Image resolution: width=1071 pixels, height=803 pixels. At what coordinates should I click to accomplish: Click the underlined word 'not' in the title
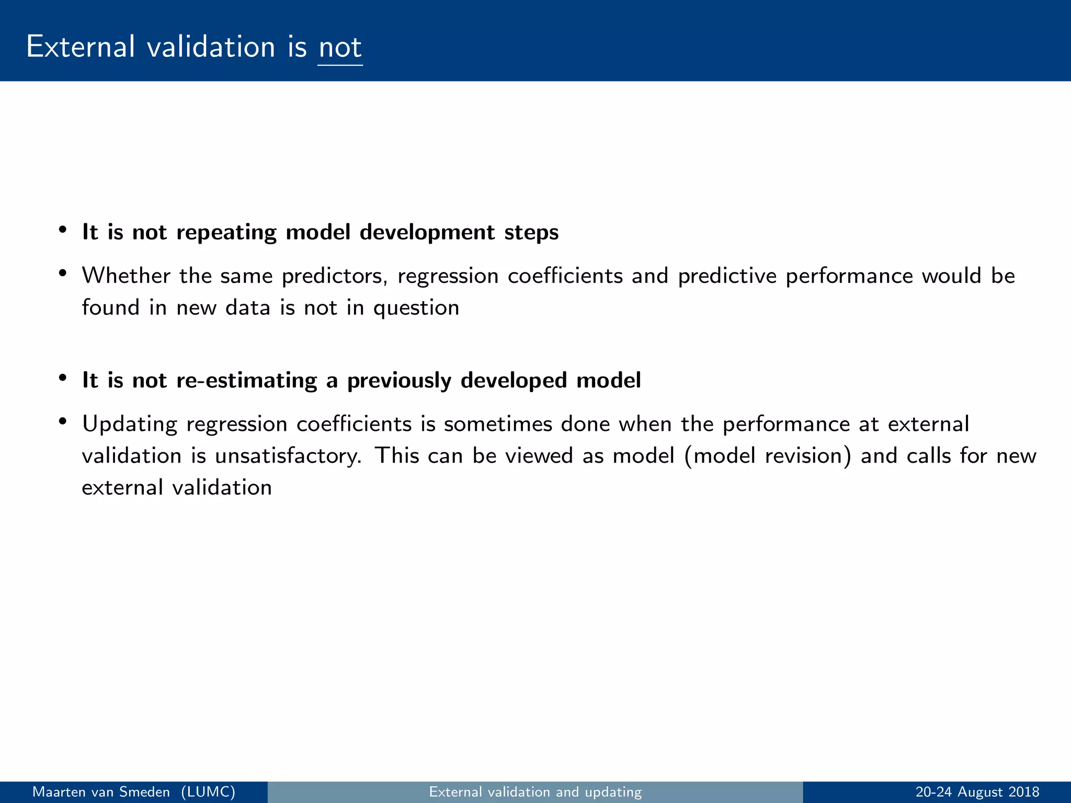coord(340,48)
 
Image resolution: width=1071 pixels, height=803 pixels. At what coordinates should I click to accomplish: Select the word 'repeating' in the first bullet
coord(226,233)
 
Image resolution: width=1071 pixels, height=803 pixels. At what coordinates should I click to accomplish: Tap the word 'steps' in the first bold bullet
coord(531,233)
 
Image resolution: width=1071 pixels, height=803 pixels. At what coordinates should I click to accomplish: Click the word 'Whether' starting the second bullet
coord(126,276)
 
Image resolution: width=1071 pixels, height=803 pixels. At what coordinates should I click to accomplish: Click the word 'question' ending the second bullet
coord(416,308)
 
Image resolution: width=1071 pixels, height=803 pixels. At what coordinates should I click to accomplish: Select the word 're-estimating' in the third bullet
coord(246,381)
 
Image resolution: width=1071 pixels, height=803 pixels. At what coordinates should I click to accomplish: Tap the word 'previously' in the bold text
coord(399,381)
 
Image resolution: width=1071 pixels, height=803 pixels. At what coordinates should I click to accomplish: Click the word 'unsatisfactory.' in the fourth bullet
coord(288,456)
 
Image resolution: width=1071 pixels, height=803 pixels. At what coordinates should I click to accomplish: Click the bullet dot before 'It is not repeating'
coord(63,230)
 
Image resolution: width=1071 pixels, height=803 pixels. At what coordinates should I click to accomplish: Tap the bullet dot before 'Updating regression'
coord(63,421)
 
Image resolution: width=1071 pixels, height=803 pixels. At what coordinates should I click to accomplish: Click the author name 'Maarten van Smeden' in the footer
coord(101,792)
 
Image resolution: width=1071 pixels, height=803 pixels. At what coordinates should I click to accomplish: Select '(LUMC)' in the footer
coord(208,792)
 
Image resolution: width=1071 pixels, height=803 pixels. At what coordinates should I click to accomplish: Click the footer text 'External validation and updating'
coord(535,792)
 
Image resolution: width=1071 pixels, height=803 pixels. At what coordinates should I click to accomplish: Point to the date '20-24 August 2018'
coord(977,792)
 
